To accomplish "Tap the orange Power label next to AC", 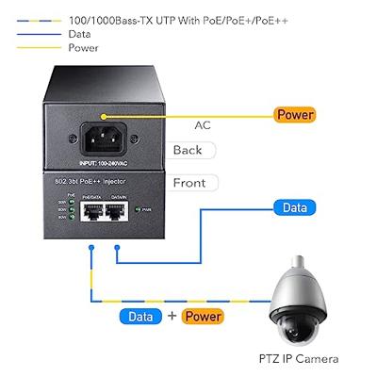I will click(295, 115).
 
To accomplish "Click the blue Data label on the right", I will click(294, 206).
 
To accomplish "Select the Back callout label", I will click(188, 150).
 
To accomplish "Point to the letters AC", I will click(202, 123).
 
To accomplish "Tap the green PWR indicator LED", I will click(139, 210).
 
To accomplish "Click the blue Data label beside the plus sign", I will click(139, 317).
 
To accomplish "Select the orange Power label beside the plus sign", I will click(203, 317).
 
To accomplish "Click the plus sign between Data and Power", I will click(171, 317).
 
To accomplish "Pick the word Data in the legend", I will click(80, 33).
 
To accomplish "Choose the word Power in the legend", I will click(83, 47).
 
